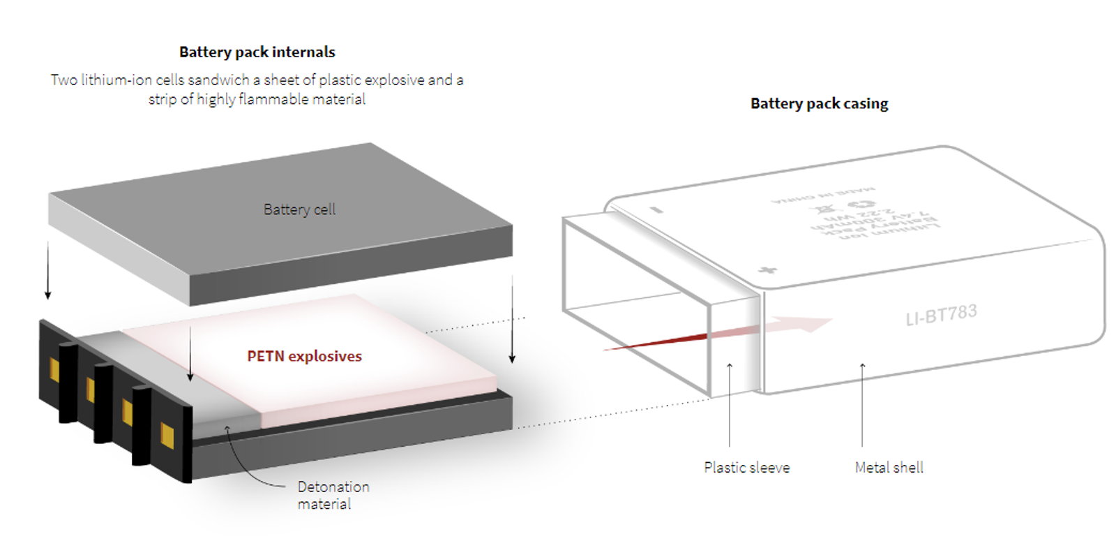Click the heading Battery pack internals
[x=257, y=52]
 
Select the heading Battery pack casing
[x=819, y=103]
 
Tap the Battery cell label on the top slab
[x=299, y=209]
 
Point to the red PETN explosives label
[x=304, y=356]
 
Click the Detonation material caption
[x=333, y=495]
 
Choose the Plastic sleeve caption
[x=746, y=467]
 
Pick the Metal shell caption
[x=889, y=467]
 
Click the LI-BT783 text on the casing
[x=941, y=315]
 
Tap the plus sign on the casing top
[x=767, y=269]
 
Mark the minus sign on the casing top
[x=655, y=209]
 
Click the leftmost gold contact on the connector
[x=54, y=370]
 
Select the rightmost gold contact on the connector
[x=167, y=434]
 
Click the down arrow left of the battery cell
[x=47, y=272]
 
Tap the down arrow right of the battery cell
[x=512, y=321]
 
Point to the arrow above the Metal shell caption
[x=862, y=405]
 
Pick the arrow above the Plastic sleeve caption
[x=730, y=405]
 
